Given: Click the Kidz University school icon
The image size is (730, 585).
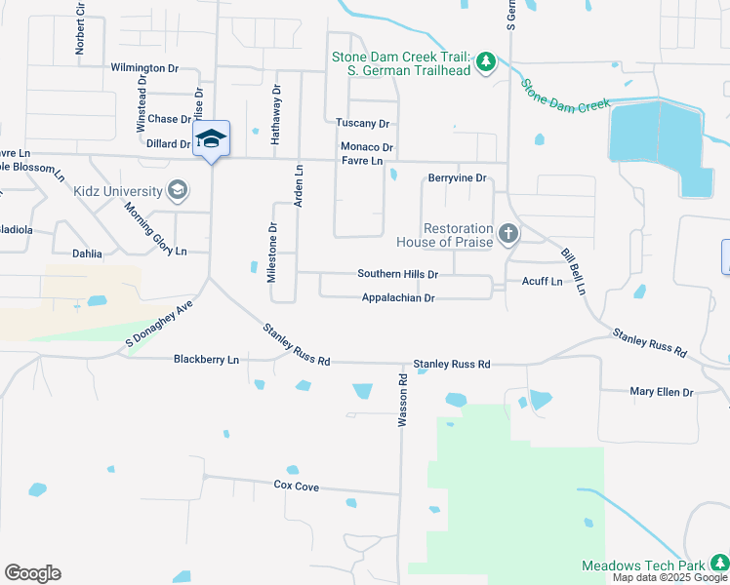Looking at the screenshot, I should coord(178,190).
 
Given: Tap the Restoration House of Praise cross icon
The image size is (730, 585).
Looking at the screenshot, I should coord(507,234).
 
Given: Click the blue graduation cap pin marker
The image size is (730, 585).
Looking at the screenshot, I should coord(211,139).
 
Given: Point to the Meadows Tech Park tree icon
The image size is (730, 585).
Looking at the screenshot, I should coord(718,563).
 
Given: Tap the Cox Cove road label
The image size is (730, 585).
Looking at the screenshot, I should coord(296,485).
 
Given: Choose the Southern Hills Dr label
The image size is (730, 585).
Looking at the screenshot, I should coord(397,274).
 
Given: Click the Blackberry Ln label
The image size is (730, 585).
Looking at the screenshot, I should coord(206,360).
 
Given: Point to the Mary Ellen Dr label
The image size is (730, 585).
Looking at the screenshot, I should coord(661,392).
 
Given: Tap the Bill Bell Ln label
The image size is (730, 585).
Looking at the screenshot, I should coord(573,272).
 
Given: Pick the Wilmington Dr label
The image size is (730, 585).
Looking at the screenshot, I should coord(144,68).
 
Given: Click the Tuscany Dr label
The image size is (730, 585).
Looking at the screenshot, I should coord(362,124).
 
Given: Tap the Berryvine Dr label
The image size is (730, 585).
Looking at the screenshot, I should coord(457,178).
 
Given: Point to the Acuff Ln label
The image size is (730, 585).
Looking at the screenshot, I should coord(542,282).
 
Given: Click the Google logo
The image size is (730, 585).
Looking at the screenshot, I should coord(32,573).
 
